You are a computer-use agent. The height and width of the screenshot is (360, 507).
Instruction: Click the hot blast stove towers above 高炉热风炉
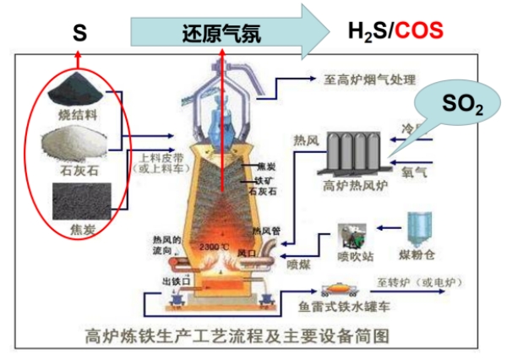[x=350, y=152]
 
